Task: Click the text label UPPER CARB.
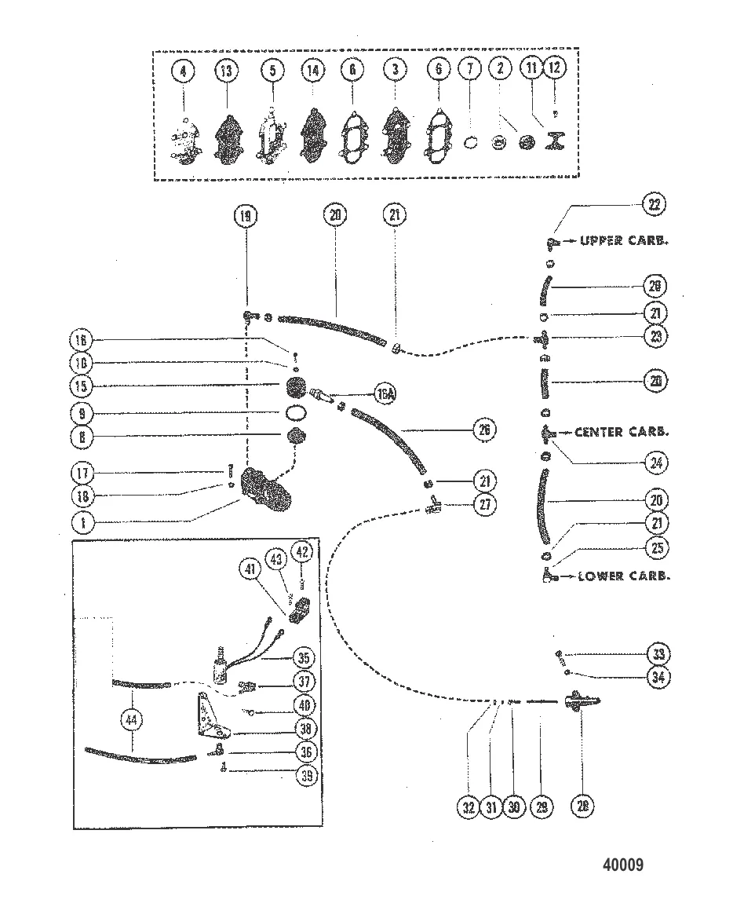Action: [x=624, y=241]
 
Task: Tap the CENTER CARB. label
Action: [x=621, y=432]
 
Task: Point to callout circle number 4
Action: [x=184, y=71]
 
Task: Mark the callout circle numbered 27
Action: [x=485, y=504]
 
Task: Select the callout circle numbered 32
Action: [x=469, y=806]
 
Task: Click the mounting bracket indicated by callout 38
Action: [x=211, y=718]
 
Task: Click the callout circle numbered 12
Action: [x=554, y=68]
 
